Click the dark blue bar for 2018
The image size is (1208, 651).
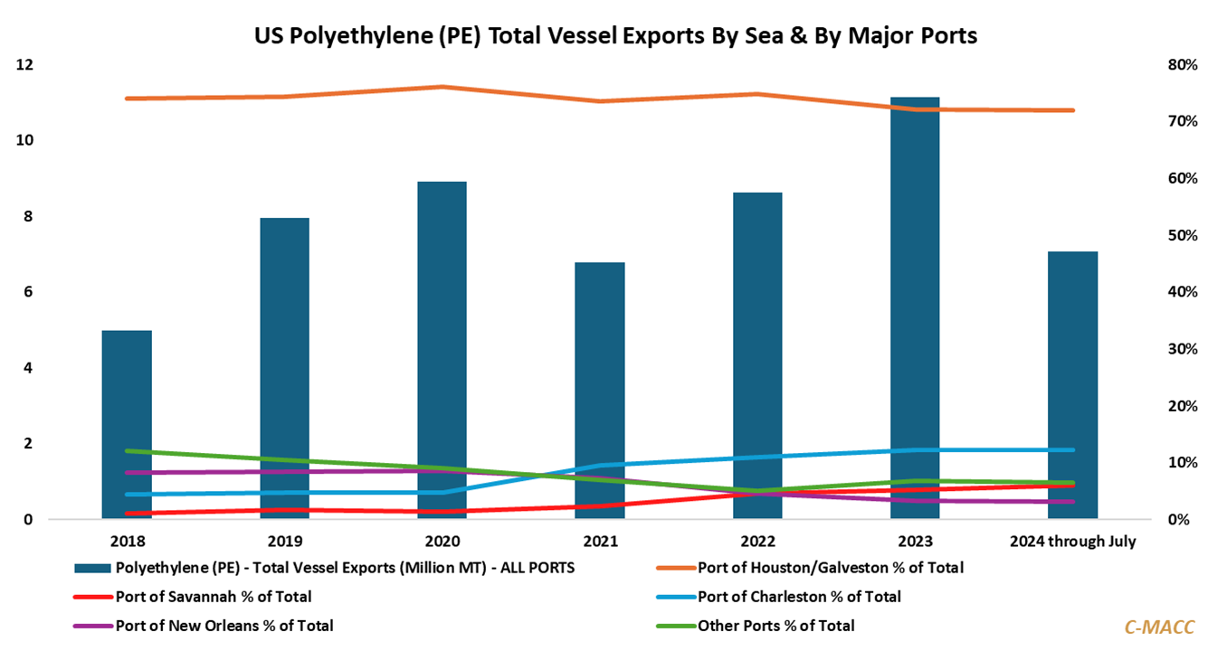pos(127,425)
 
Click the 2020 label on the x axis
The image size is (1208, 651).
pos(442,542)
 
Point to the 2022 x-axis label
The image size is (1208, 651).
pos(757,542)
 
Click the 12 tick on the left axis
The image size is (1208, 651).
pos(24,65)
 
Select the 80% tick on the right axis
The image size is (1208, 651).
pos(1183,65)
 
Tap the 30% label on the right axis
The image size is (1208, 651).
pos(1183,349)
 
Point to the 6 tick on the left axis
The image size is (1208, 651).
pos(28,292)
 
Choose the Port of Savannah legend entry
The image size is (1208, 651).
pos(214,597)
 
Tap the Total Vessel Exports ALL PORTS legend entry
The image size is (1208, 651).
pos(345,569)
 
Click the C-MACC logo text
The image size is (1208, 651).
pos(1159,626)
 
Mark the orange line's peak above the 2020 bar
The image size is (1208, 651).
pos(442,87)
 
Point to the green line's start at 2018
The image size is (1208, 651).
pos(127,450)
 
